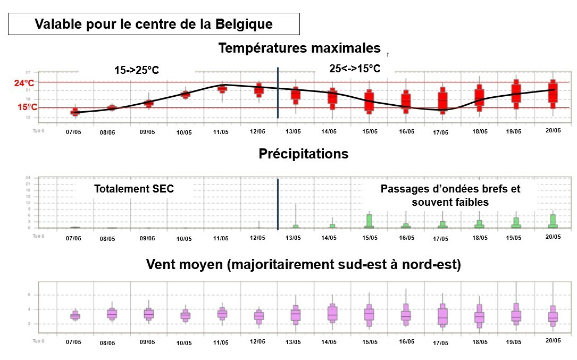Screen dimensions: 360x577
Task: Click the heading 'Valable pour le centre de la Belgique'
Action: (154, 24)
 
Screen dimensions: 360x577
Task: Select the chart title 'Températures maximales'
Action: (299, 48)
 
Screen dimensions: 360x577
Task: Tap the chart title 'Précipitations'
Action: (303, 154)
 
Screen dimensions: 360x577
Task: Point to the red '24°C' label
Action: (24, 83)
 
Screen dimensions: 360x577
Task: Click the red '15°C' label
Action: (27, 107)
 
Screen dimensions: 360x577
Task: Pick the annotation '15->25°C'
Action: (137, 70)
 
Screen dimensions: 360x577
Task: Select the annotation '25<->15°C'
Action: (355, 69)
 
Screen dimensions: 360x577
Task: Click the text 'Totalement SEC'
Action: (133, 189)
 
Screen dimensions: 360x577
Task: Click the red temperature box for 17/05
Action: (442, 100)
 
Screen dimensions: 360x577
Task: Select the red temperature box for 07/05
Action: (75, 112)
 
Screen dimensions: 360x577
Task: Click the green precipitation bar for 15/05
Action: (369, 221)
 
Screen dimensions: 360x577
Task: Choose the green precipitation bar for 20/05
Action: (553, 221)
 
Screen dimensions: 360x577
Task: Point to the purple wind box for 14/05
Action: (333, 313)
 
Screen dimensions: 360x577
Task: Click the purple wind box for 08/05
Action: (112, 314)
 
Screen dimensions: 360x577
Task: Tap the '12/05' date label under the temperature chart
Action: (257, 131)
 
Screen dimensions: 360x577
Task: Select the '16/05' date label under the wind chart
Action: (406, 341)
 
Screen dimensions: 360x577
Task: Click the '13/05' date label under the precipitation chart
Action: (293, 238)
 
